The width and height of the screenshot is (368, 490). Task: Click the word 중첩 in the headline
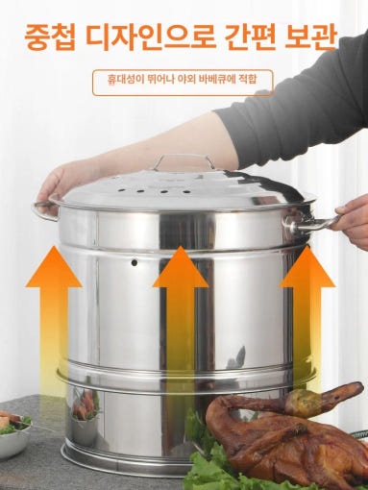click(x=50, y=37)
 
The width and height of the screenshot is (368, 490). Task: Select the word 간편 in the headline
click(x=250, y=37)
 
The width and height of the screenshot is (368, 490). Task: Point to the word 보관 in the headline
click(x=311, y=37)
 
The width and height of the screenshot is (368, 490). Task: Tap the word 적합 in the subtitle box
click(x=248, y=79)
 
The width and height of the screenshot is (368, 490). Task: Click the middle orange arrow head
click(x=181, y=266)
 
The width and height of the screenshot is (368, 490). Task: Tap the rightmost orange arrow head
click(x=307, y=266)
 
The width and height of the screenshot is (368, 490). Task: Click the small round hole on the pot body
click(x=135, y=263)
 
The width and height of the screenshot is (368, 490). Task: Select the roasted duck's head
click(x=344, y=393)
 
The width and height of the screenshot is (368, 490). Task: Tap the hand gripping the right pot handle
click(x=353, y=221)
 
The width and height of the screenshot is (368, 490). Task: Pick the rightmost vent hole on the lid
click(x=185, y=192)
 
